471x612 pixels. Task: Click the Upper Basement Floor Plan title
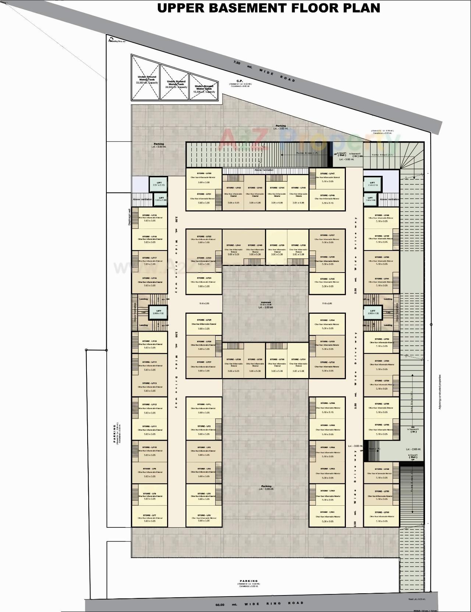269,8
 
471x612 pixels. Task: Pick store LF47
327,178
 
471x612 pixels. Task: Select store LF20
204,178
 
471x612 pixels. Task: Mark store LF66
327,408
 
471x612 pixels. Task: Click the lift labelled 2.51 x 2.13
159,184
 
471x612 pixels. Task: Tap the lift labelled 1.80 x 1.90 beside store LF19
161,199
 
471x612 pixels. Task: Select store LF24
203,282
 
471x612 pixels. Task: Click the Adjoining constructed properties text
440,392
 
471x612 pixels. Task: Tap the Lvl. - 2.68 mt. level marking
414,449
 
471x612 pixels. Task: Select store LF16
149,282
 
